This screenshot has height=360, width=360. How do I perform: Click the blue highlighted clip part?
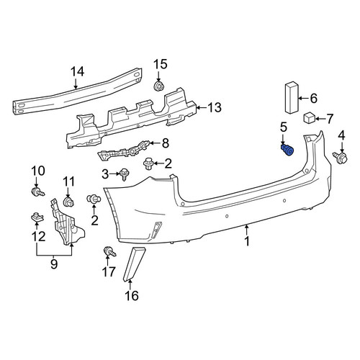click(x=287, y=150)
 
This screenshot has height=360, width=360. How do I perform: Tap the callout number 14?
click(x=78, y=71)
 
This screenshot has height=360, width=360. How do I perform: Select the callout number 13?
click(x=215, y=107)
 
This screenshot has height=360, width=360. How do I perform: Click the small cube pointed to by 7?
click(x=310, y=118)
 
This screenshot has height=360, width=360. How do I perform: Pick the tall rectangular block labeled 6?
click(x=292, y=97)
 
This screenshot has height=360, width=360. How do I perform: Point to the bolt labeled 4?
click(x=341, y=158)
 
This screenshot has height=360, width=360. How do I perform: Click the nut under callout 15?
click(x=158, y=86)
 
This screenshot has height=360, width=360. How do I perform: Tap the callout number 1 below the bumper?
click(x=247, y=241)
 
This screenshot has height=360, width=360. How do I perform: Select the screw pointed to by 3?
click(x=125, y=174)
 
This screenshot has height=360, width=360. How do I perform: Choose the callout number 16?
click(x=132, y=296)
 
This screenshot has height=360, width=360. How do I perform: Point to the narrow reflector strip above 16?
click(x=133, y=264)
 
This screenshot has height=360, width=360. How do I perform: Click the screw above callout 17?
click(x=109, y=252)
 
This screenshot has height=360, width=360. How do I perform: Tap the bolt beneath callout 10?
click(x=38, y=192)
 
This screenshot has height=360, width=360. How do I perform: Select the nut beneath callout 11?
click(x=68, y=202)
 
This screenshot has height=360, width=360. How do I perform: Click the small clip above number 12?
click(x=37, y=217)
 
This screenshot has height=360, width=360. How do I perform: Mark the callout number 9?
click(x=54, y=264)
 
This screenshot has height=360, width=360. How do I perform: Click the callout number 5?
click(x=284, y=127)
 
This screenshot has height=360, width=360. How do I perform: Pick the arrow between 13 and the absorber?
click(x=202, y=107)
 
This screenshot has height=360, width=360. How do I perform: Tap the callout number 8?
click(x=166, y=143)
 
